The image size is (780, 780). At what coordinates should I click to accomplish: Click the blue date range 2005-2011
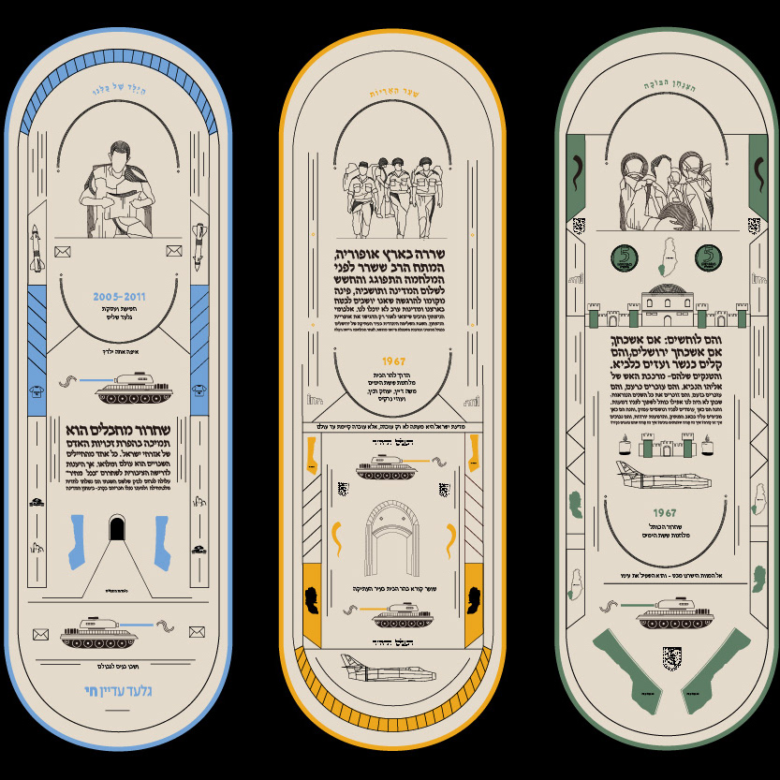click(x=119, y=297)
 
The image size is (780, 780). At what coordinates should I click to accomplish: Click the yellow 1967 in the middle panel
click(x=392, y=361)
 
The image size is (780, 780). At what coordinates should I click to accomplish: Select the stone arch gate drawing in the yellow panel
click(x=392, y=537)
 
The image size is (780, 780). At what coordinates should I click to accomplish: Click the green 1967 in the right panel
click(x=665, y=512)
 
